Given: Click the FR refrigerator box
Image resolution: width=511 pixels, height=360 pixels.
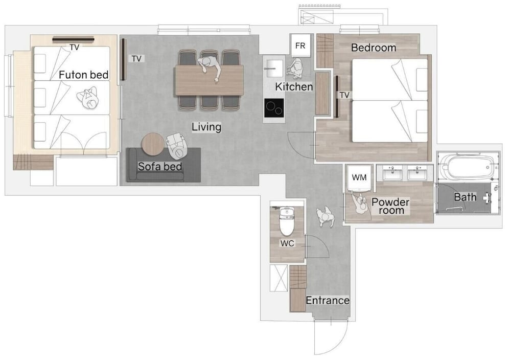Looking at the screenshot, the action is click(300, 46).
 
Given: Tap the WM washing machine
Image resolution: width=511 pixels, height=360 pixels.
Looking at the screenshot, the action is click(359, 178).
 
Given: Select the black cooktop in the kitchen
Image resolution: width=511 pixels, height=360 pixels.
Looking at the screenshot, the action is click(274, 108).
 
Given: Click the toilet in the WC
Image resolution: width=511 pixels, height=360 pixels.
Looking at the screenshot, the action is click(287, 221).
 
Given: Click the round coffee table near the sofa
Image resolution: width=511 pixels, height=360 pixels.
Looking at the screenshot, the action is click(153, 144).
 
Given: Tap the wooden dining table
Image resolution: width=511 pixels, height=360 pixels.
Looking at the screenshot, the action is click(209, 80).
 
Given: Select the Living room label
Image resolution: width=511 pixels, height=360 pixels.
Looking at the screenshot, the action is click(206, 127).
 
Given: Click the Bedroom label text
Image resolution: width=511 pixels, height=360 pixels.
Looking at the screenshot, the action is click(374, 48).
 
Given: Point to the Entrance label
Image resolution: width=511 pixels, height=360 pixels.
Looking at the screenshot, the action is click(328, 300).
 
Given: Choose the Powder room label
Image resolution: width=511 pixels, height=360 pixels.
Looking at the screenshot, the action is click(390, 206).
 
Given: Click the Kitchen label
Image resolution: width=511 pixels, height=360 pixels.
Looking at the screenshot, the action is click(294, 87).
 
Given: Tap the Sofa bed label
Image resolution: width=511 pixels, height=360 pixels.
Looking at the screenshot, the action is click(159, 167).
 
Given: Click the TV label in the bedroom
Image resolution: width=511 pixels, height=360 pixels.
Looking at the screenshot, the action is click(344, 95).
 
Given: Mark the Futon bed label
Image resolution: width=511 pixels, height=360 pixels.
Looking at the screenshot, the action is click(84, 75).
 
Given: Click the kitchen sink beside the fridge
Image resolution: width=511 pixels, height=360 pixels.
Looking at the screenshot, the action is click(274, 68).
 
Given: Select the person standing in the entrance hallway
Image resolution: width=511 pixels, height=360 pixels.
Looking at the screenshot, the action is click(326, 216).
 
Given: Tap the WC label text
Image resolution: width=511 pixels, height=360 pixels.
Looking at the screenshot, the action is click(287, 243).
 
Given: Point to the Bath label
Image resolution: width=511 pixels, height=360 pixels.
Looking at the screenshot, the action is click(465, 197).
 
